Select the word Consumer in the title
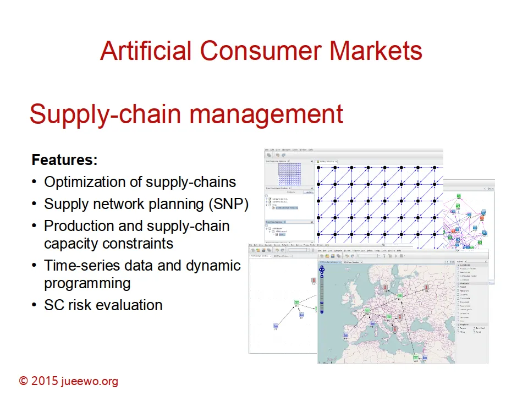coord(258,51)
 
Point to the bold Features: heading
coord(64,160)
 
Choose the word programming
coord(87,283)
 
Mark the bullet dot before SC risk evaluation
coord(35,305)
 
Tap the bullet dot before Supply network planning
coord(35,204)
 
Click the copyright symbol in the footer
coord(24,381)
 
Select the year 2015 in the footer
coord(46,381)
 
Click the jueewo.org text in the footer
coord(90,381)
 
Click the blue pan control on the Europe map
coord(322,269)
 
